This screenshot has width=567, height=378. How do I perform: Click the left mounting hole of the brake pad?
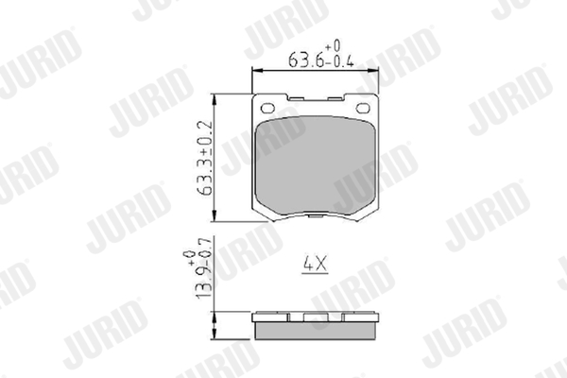[x=267, y=108]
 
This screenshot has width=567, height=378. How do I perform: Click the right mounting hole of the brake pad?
[x=362, y=108]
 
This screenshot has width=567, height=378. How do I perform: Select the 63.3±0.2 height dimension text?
[x=205, y=158]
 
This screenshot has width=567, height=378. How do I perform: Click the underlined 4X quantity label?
[x=315, y=264]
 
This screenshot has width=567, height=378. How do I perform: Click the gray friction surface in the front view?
[x=315, y=165]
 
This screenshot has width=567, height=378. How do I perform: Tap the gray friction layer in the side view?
[x=315, y=331]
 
